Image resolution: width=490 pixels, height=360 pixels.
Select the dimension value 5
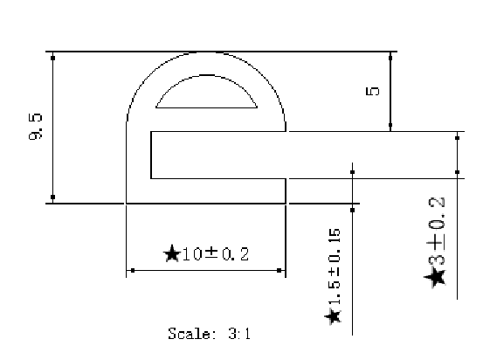coord(371,91)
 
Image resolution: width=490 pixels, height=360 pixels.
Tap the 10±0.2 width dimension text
coord(214,254)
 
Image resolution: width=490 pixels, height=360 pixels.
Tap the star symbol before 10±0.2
coord(170,254)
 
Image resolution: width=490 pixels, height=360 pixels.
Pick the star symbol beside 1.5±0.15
coord(334,315)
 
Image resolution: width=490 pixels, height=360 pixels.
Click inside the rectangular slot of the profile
coord(218,155)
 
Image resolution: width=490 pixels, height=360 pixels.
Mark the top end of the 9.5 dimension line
coord(52,58)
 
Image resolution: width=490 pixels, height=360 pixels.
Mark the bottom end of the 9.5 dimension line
coord(52,197)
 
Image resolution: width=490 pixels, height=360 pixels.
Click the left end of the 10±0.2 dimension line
coord(128,271)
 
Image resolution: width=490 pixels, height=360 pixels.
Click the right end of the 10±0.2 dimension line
coord(280,271)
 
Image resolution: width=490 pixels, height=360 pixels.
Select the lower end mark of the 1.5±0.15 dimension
coord(352,209)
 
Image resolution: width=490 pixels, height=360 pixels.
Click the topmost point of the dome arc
coord(207,52)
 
